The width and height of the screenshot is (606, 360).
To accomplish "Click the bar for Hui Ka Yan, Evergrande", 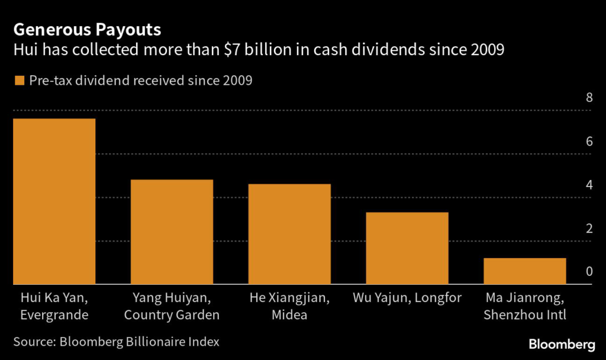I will point(54,201).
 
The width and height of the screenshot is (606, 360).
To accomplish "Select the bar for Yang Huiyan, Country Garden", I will point(172,232).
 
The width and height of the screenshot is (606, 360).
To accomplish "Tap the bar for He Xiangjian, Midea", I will point(289,234).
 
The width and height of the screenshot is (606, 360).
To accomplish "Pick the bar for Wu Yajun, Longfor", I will point(407,248).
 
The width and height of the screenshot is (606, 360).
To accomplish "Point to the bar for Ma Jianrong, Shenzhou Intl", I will point(525,271).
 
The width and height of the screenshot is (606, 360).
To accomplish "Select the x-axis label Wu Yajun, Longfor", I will point(407,297).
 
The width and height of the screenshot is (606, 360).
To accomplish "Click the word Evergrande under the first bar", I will point(54,315).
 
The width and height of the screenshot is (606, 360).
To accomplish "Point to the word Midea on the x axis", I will point(289,315).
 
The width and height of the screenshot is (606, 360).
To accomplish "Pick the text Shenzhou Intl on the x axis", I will point(525,315).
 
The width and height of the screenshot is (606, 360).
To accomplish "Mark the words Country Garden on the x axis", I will point(172,315).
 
